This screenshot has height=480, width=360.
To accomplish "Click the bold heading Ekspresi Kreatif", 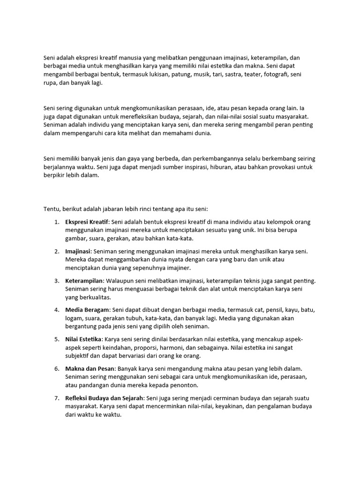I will point(87,222).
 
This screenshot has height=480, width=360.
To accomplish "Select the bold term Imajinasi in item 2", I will point(78,251).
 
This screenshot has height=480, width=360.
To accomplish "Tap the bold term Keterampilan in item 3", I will point(84,281).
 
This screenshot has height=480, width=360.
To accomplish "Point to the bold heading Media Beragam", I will point(87,310).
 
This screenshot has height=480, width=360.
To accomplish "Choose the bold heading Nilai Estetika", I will point(83,339).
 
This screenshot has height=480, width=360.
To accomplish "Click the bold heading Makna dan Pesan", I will point(89,368).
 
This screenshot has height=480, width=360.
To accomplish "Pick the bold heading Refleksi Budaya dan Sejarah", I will point(105,397).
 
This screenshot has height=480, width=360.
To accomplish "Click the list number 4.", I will point(56,310).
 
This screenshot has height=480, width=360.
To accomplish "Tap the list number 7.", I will point(56,397).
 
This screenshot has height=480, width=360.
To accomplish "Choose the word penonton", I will point(184,385).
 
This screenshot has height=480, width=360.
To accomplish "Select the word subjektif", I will point(79,356).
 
